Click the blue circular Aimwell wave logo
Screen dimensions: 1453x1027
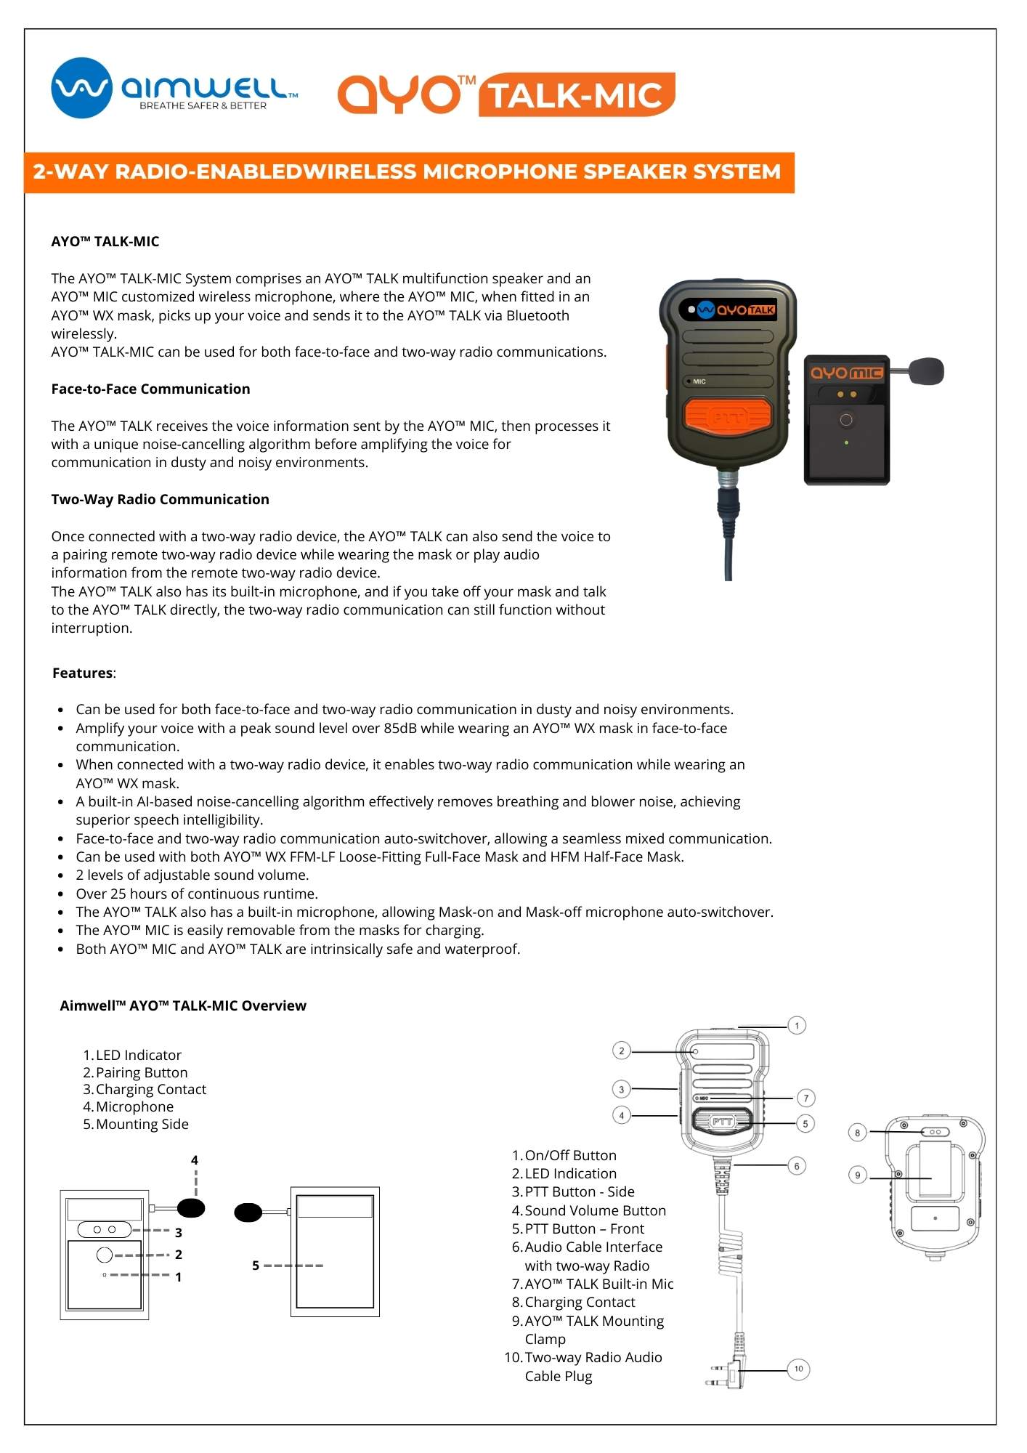pos(81,88)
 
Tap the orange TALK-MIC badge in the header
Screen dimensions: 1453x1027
pos(577,95)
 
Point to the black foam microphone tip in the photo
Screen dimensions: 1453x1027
pos(925,371)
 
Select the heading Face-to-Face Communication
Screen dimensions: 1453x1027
pos(150,389)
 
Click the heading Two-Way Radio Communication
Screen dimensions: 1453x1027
pos(160,499)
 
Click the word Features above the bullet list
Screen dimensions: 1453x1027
pos(82,673)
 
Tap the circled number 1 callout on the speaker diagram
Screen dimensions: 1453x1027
pos(797,1025)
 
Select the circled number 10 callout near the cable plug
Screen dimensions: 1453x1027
pos(798,1369)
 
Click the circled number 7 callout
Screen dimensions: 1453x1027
pos(805,1098)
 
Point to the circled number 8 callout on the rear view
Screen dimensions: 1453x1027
pos(857,1133)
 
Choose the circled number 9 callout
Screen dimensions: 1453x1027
pos(857,1175)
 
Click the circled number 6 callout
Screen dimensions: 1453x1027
pos(797,1166)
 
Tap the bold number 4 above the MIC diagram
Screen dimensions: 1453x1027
pos(194,1160)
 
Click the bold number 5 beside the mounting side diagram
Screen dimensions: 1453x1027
pos(256,1266)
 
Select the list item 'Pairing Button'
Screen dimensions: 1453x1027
pos(142,1072)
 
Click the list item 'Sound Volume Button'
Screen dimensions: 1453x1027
pos(595,1210)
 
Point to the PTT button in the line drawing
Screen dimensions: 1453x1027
pos(723,1122)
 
